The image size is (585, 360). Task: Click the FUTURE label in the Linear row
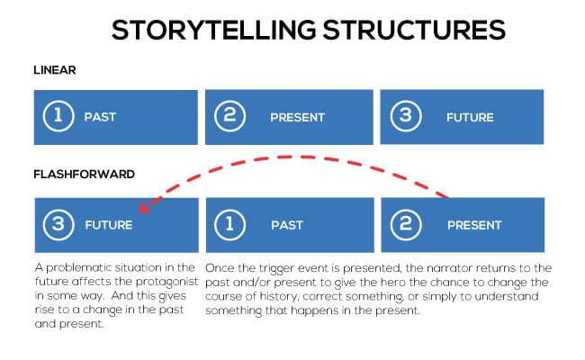[x=472, y=117]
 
